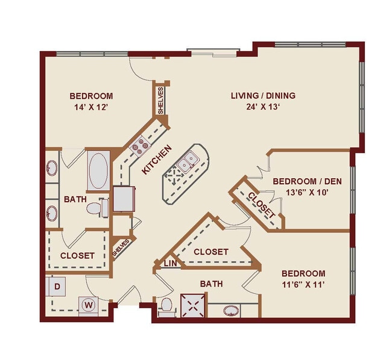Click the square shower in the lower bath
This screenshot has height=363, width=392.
pyautogui.click(x=194, y=305)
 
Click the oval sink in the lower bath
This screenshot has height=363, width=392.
pyautogui.click(x=232, y=311)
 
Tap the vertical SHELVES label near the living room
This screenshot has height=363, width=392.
pyautogui.click(x=161, y=101)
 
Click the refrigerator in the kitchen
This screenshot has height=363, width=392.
pyautogui.click(x=123, y=199)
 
